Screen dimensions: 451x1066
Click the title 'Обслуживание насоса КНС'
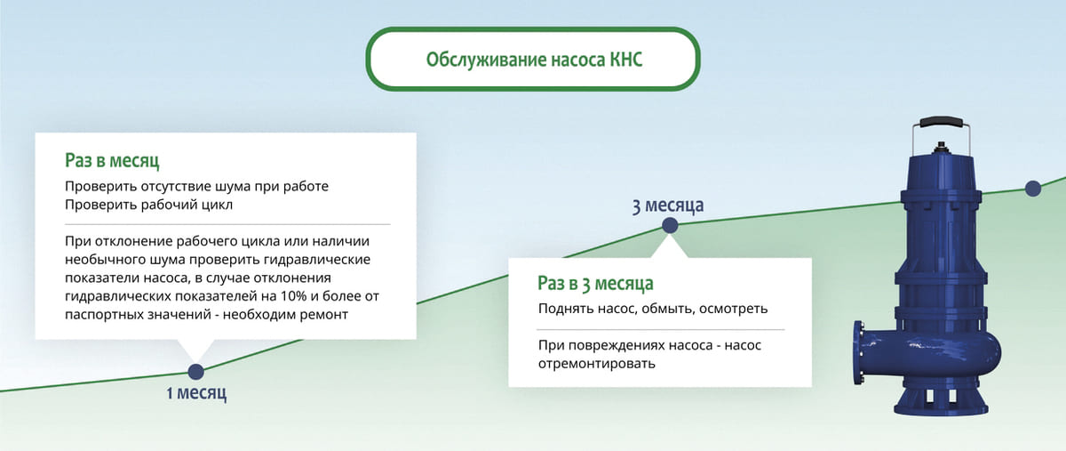[x=529, y=60]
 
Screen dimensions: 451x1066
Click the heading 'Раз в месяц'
[x=112, y=161]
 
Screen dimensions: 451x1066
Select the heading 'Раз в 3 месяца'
[x=595, y=284]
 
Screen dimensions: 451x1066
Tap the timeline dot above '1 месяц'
[x=195, y=372]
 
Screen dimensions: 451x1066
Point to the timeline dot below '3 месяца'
[x=670, y=226]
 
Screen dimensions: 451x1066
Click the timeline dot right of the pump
[x=1032, y=188]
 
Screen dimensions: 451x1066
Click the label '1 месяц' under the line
[x=196, y=393]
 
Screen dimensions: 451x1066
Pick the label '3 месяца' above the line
[x=668, y=205]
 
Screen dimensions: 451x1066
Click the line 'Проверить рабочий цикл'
[x=148, y=205]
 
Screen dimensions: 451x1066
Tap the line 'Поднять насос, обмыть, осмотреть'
[x=653, y=309]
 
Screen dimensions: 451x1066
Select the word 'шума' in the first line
[x=232, y=187]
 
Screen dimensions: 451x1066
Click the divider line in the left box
[x=227, y=223]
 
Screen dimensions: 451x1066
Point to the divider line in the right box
[x=660, y=329]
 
